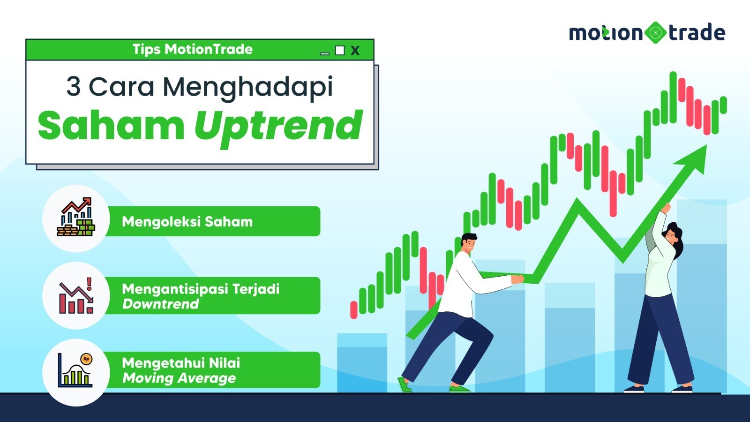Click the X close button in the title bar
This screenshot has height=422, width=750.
click(x=355, y=51)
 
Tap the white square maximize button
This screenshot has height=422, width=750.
click(x=340, y=50)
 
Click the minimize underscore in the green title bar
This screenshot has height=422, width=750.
click(x=324, y=53)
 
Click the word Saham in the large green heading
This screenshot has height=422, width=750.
click(x=111, y=125)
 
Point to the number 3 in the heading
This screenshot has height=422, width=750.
click(x=73, y=86)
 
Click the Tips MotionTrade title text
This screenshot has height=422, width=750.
click(x=193, y=49)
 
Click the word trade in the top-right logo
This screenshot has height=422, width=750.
click(x=697, y=32)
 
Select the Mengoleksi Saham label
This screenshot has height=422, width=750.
click(x=187, y=222)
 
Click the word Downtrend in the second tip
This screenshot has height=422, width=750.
click(x=160, y=304)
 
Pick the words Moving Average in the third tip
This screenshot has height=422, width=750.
click(x=179, y=378)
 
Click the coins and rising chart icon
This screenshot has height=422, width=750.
click(x=76, y=217)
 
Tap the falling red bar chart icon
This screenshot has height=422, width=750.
click(x=76, y=295)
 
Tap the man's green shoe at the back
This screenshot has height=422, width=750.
click(x=404, y=384)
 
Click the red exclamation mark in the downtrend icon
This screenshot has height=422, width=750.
click(x=89, y=284)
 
